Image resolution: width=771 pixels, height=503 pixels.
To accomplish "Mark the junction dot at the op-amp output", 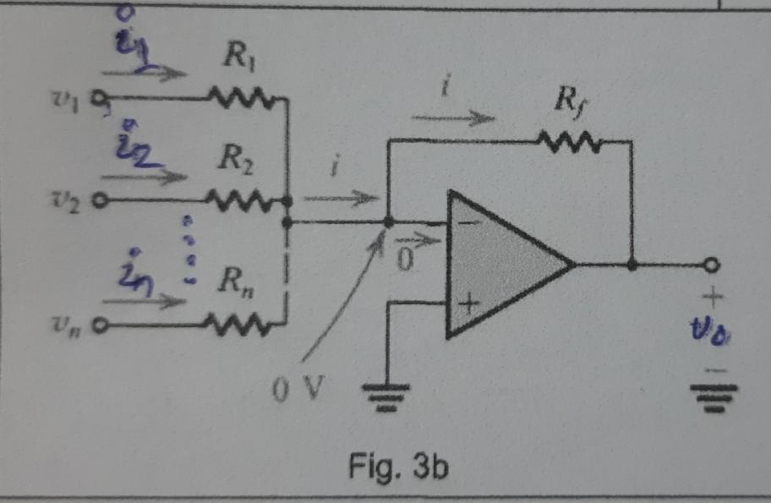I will pos(632,265).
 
